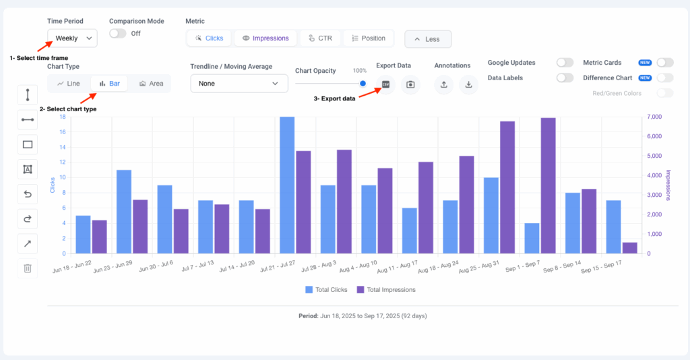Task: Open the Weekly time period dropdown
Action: point(72,38)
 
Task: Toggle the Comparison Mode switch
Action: point(118,33)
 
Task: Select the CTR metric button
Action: point(320,38)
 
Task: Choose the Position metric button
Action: point(368,38)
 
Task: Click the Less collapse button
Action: point(428,39)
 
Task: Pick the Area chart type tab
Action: point(151,84)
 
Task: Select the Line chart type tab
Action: point(69,84)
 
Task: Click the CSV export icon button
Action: point(385,84)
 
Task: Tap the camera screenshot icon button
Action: point(410,84)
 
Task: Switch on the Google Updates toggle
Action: point(565,63)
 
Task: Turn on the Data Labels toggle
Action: point(565,78)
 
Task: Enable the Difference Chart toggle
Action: point(664,78)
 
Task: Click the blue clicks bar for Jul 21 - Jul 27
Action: point(287,185)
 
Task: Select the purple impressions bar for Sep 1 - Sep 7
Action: point(548,186)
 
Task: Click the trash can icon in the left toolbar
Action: point(28,268)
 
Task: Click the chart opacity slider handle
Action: point(363,84)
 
